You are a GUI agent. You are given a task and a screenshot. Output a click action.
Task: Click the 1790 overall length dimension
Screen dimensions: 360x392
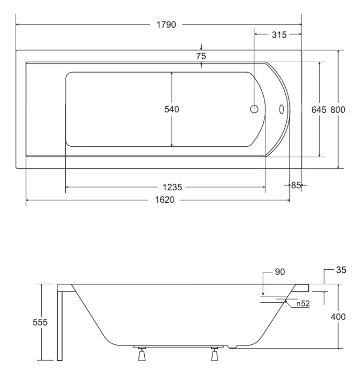[x=166, y=25]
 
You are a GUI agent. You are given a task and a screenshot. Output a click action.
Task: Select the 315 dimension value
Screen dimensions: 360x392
[x=279, y=34]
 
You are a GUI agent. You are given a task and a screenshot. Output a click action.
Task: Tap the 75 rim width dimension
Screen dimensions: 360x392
[x=201, y=56]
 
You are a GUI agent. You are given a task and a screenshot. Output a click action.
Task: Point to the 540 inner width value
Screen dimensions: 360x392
[x=171, y=109]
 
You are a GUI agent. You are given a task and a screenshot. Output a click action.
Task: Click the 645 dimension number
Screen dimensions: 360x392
[x=319, y=110]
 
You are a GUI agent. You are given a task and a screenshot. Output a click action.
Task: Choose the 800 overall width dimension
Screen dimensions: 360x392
[x=338, y=110]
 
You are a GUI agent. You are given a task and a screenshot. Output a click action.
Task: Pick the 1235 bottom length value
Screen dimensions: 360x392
[x=172, y=187]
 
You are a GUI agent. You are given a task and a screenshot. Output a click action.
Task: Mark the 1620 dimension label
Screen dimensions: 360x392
[x=165, y=200]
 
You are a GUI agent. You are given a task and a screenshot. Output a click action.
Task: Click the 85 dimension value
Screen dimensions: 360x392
[x=296, y=185]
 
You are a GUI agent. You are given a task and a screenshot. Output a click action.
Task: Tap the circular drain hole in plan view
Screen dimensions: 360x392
[x=254, y=109]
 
